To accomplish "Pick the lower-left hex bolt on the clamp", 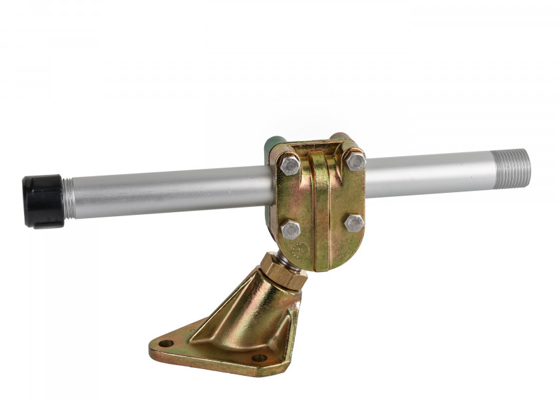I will (x=290, y=229).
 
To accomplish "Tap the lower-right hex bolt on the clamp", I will (x=354, y=221).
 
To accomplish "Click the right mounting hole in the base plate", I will (x=260, y=358).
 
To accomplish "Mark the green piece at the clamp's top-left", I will (x=272, y=146).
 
